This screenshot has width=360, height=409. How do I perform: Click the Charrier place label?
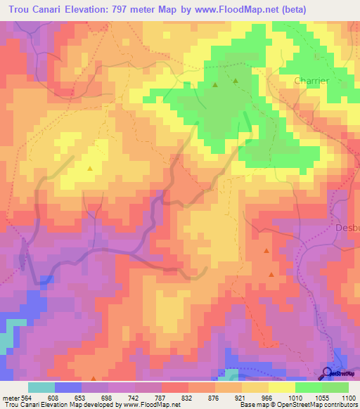tap(311, 81)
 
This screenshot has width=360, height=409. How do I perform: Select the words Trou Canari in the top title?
tap(37, 11)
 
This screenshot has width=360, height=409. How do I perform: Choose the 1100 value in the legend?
tap(349, 397)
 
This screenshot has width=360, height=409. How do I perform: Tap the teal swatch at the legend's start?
tap(41, 387)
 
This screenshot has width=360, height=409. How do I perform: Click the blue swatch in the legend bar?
tap(67, 387)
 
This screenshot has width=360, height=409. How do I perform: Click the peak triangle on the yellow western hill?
tap(89, 168)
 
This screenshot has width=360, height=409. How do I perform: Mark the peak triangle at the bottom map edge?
tap(93, 378)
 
